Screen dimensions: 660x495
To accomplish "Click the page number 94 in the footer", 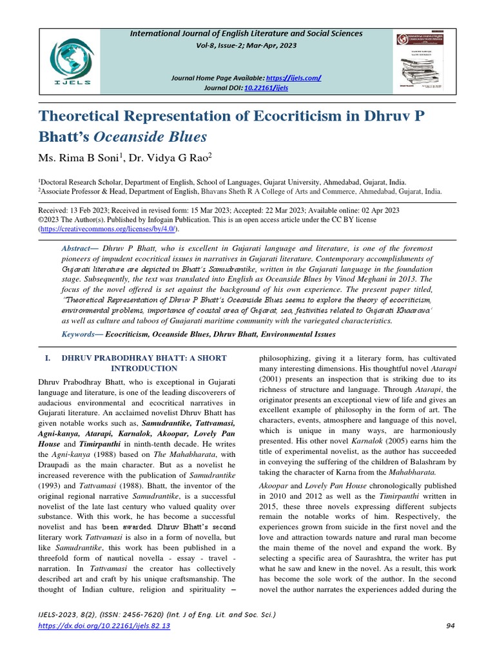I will tap(450, 626).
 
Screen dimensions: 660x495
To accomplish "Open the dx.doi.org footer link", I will tap(104, 626).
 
